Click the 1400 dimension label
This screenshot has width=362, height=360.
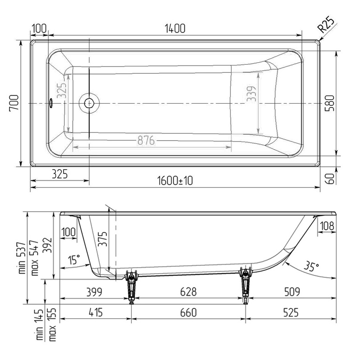tap(175, 28)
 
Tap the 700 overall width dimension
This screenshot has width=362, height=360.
tap(14, 103)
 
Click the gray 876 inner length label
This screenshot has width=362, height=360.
tap(146, 141)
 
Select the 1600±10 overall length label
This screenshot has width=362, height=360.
tap(175, 180)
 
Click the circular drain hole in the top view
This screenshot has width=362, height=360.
tap(89, 103)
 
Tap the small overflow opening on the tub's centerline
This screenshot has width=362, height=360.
tap(52, 104)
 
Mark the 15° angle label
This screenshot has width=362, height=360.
tap(74, 260)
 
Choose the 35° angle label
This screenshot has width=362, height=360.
tap(309, 267)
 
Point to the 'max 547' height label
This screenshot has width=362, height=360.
tap(34, 258)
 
